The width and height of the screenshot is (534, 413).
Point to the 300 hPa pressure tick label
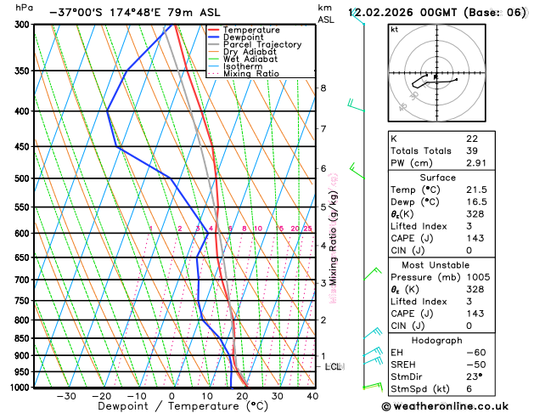tap(22, 25)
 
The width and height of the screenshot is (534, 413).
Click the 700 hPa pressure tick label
tap(22, 280)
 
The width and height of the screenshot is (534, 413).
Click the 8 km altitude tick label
tap(323, 88)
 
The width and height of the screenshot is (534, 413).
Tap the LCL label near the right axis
tap(334, 366)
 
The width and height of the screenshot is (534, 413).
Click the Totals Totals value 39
tap(472, 150)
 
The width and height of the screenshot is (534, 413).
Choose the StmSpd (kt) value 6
tap(469, 389)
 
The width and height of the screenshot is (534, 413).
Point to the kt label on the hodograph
tap(394, 29)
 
